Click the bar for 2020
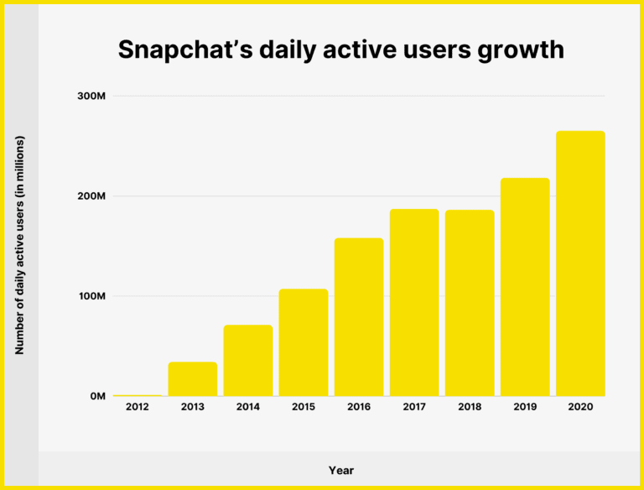click(580, 263)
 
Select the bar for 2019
click(525, 287)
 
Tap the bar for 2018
click(470, 303)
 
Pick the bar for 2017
click(414, 302)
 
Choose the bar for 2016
click(359, 317)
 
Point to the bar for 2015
click(304, 342)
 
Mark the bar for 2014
click(248, 360)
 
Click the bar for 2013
click(193, 378)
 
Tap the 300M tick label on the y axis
click(90, 96)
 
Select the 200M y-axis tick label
click(90, 196)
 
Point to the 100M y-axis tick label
click(90, 296)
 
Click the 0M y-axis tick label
click(96, 396)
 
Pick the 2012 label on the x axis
click(138, 407)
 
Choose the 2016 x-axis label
click(359, 407)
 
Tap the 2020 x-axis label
click(580, 407)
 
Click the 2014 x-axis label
click(248, 407)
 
